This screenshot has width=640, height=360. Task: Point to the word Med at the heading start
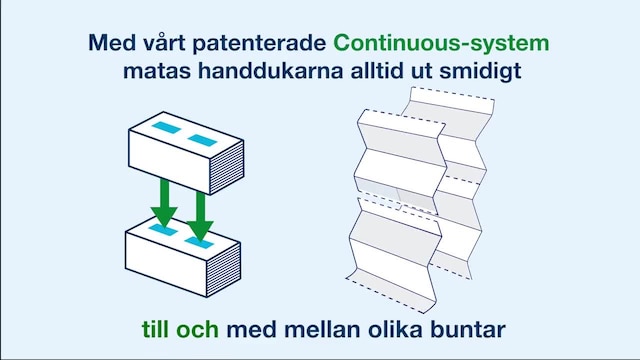click(x=109, y=45)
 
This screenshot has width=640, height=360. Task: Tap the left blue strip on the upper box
click(x=162, y=129)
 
